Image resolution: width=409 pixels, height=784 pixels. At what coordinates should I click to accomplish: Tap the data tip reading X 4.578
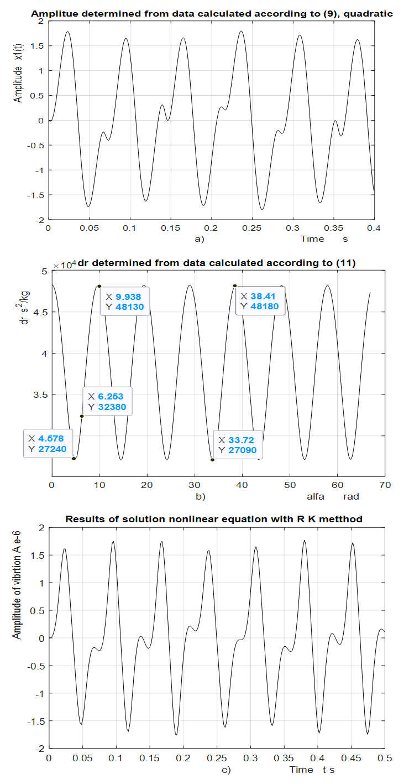click(49, 443)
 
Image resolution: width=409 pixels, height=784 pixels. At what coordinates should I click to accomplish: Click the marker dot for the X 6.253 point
click(82, 416)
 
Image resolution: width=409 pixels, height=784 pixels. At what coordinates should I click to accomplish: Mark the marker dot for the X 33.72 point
click(212, 460)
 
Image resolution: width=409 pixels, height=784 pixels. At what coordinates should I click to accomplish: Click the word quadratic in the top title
click(374, 14)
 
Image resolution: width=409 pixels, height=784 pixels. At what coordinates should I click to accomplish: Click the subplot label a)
click(199, 239)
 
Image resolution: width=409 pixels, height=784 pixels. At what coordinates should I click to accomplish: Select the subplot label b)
click(201, 496)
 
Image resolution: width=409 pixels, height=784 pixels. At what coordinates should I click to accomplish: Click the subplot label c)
click(226, 769)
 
